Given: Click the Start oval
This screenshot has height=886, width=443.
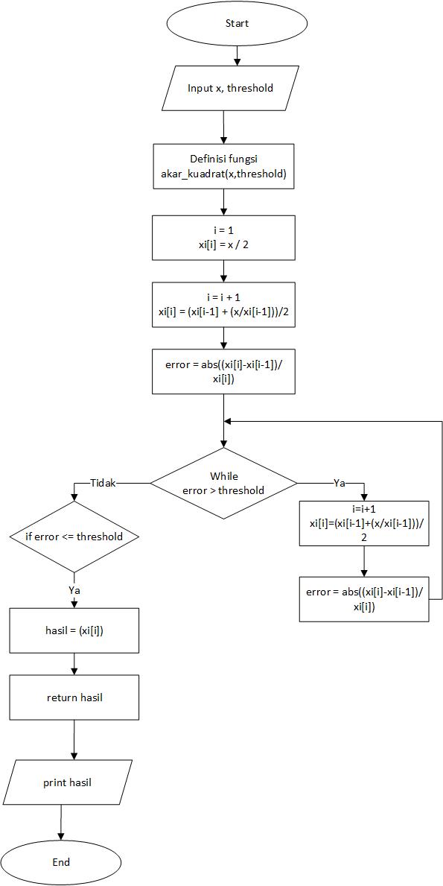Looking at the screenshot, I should point(237,24).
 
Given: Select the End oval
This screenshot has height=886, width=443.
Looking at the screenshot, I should point(61,862).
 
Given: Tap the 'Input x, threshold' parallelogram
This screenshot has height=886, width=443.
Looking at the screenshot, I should point(230,88).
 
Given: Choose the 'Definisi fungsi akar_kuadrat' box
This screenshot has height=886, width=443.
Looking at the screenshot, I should point(223,167).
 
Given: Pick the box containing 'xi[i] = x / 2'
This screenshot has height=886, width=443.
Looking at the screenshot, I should point(223,238).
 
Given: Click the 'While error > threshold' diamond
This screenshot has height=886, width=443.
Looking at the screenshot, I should point(223,483).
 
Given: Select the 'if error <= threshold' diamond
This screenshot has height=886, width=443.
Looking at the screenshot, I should point(74,537).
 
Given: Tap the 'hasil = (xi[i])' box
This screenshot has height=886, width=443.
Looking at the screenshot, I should point(74,630).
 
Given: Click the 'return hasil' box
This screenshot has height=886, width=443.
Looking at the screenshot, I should point(74,697).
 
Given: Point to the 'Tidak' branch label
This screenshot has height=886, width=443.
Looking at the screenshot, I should point(103,483).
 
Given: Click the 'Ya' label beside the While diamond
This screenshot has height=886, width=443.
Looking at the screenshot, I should point(339,483).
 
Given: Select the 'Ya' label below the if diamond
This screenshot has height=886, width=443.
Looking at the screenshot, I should point(74,590).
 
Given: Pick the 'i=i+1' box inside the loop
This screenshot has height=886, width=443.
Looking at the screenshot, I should point(364,524).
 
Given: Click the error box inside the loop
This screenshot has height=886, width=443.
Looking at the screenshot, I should point(364,599).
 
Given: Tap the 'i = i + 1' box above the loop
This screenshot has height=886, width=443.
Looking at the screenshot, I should point(223,305).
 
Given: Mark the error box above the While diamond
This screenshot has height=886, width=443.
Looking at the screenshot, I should point(223,371).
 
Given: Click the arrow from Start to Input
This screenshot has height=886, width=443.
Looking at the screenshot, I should point(237,54).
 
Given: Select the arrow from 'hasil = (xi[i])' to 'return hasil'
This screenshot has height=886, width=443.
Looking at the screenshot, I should point(74,664).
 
